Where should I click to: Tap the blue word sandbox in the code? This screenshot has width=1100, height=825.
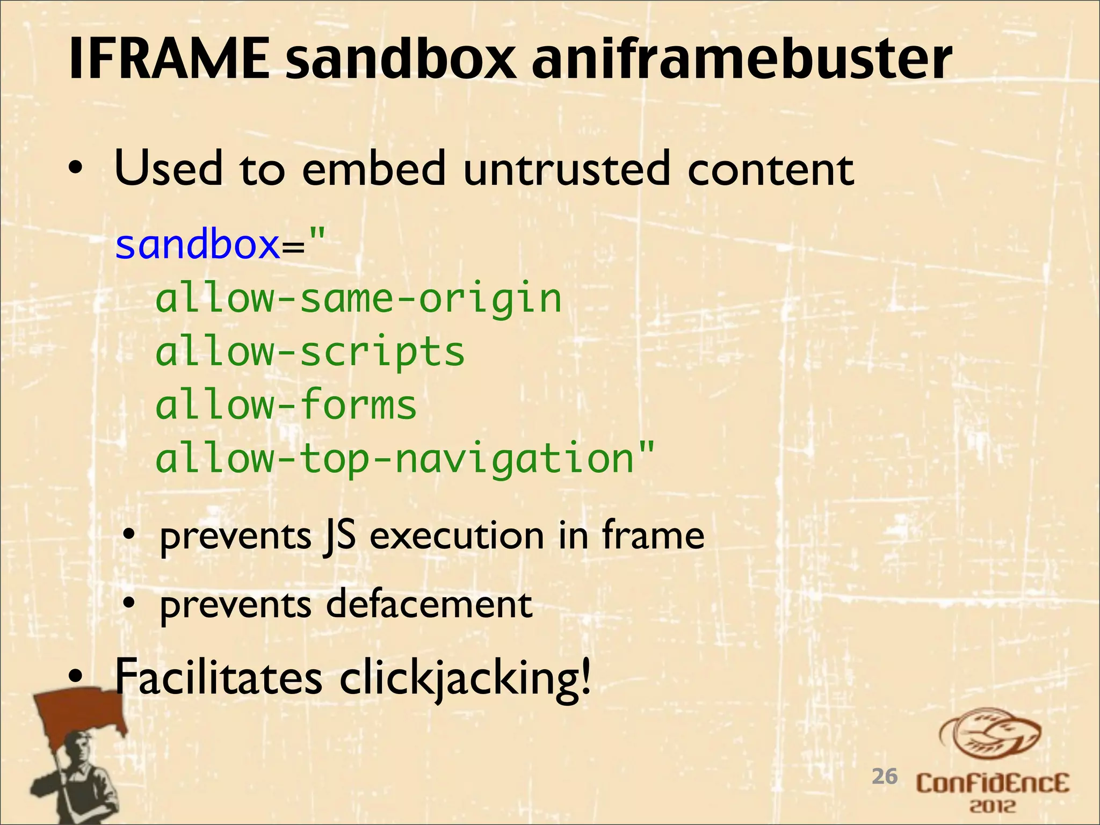[x=197, y=245]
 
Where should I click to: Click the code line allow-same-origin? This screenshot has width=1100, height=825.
[x=358, y=298]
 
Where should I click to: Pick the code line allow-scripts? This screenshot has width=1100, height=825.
[x=310, y=352]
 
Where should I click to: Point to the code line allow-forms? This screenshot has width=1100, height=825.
[x=286, y=405]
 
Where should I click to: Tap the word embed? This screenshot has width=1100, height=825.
[x=374, y=169]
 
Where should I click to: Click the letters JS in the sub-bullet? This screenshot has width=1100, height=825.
[x=339, y=535]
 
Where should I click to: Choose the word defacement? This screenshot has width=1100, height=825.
[x=429, y=604]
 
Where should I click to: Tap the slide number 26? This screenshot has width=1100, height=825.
[x=885, y=777]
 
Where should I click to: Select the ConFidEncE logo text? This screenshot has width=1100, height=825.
[x=992, y=784]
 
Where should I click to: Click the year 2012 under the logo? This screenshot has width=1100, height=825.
[x=993, y=806]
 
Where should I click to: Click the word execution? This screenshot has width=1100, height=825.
[x=457, y=535]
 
